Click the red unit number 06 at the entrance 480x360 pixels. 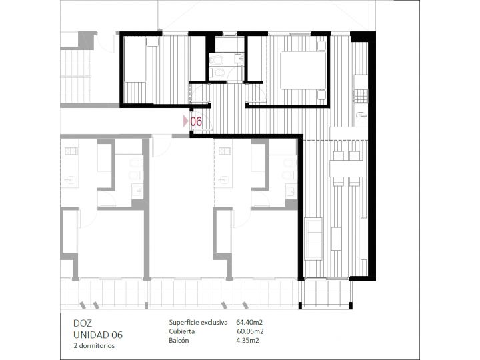[x=196, y=121]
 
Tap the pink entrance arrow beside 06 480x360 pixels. [x=185, y=121]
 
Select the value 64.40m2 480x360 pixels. [x=249, y=322]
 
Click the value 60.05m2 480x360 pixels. [x=250, y=331]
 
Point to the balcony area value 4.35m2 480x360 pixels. [x=247, y=340]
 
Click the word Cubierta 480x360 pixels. [x=181, y=331]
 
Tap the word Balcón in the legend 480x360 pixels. [x=179, y=340]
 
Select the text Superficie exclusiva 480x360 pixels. [x=198, y=323]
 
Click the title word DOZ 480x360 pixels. [x=83, y=323]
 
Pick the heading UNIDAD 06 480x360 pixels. [x=98, y=335]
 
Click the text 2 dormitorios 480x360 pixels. [x=94, y=345]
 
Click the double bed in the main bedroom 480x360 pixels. [x=303, y=70]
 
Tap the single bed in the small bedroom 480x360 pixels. [x=135, y=60]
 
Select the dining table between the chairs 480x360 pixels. [x=346, y=169]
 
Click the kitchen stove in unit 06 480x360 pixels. [x=361, y=95]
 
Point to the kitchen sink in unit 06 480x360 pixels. [x=361, y=116]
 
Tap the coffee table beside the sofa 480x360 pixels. [x=337, y=239]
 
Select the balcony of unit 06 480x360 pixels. [x=326, y=293]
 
